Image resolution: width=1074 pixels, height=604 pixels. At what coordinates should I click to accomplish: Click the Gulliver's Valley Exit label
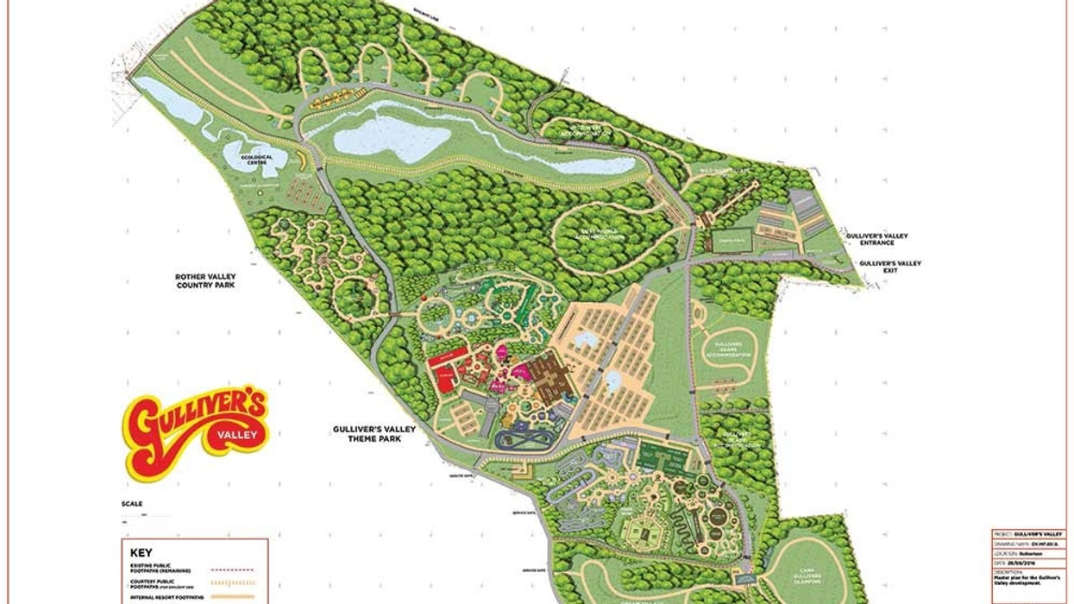(890, 267)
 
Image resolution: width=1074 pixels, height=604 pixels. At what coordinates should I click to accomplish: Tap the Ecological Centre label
(255, 160)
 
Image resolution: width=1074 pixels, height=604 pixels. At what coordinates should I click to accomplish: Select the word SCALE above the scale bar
(132, 504)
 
